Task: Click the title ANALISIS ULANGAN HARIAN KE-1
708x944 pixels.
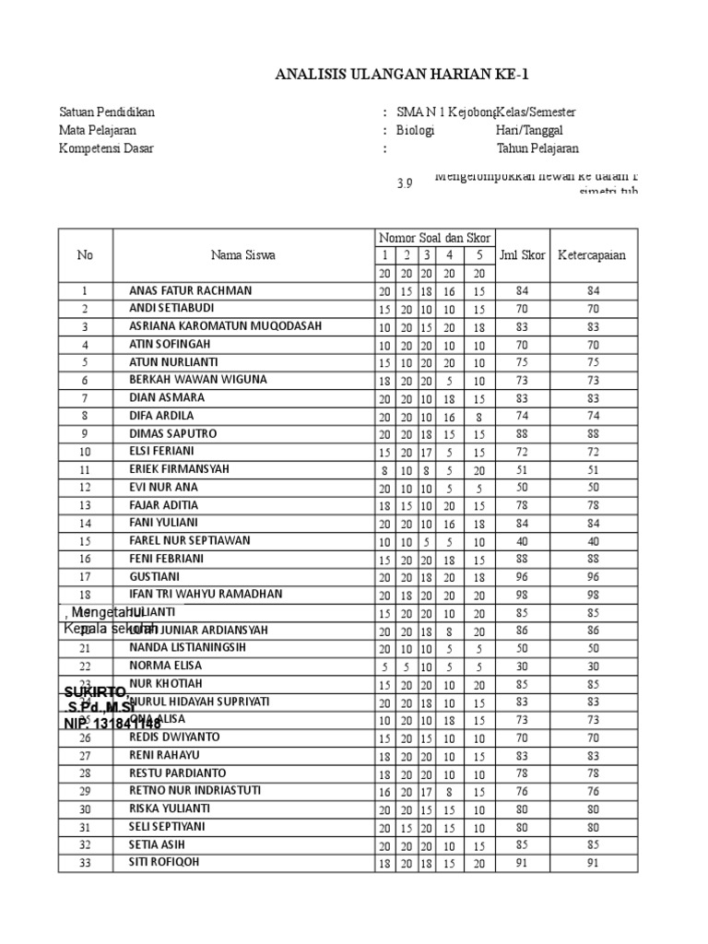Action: pos(403,75)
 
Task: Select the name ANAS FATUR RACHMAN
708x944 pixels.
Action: pos(190,290)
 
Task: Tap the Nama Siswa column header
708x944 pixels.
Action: pos(242,255)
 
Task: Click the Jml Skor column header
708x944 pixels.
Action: pos(522,255)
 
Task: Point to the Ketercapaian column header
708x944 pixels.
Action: pos(591,255)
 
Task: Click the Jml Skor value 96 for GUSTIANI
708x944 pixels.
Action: pos(522,576)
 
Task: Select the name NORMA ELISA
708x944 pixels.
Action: pos(166,666)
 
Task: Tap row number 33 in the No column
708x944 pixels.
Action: pos(85,863)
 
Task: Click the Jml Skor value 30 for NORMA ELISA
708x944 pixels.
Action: pos(522,666)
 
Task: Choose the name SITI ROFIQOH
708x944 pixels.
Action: pos(163,863)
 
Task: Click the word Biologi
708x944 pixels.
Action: pos(415,130)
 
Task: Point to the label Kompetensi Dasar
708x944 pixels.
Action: pos(107,148)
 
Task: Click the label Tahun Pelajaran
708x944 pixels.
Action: pos(538,148)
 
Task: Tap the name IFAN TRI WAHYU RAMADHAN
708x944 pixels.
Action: pos(206,594)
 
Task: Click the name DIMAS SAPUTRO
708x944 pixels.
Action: pos(169,433)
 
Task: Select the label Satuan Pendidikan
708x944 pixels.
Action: pos(107,112)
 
